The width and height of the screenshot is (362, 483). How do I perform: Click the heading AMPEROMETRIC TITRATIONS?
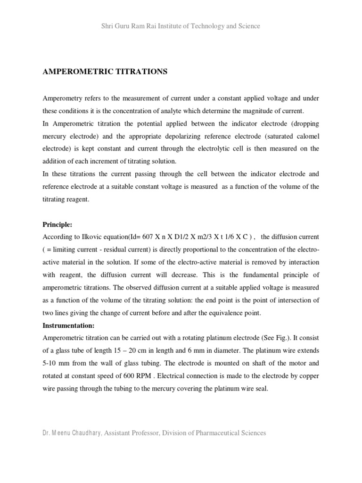[105, 72]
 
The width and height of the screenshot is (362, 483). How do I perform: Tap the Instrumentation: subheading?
[69, 325]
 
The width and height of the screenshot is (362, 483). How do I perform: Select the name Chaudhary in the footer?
[82, 433]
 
